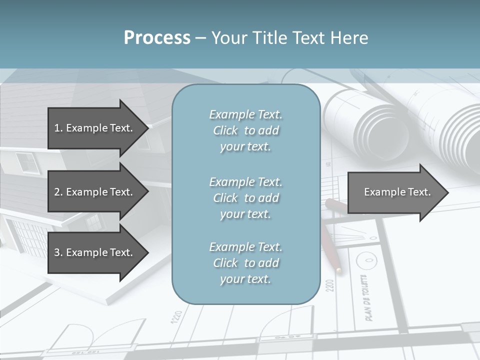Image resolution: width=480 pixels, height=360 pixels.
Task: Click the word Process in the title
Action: pos(157,38)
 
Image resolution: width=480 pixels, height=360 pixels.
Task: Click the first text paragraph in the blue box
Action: pos(245,130)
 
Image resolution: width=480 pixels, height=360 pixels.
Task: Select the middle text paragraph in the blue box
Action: pos(245,198)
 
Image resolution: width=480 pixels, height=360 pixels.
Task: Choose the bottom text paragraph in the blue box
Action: pos(245,263)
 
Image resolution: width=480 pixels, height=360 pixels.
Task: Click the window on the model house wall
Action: pos(27,162)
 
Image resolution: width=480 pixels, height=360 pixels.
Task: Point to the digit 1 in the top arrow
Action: pos(57,128)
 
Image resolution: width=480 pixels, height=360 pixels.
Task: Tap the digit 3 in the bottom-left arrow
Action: pos(57,252)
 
